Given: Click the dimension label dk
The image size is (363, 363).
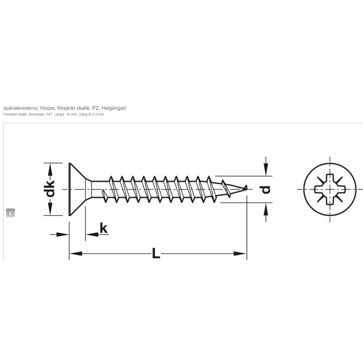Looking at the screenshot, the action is coord(50,188).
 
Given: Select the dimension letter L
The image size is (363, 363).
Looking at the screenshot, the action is coord(156,253).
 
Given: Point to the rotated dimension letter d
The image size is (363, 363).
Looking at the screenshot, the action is coord(266,189).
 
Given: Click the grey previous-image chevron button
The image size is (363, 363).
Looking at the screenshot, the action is coord(10,213).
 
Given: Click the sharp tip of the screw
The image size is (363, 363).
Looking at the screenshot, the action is coord(247,186).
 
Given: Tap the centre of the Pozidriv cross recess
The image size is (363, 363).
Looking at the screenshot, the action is coord(330,189).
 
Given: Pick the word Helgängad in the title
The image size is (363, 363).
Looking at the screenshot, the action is coord(114,108).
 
